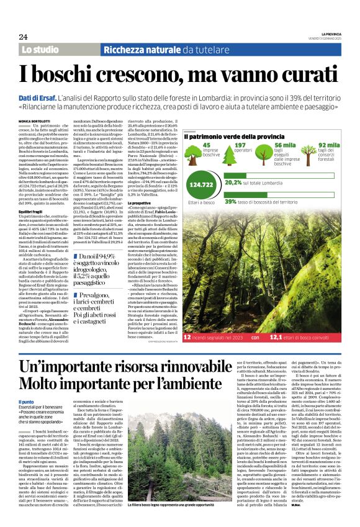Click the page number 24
(24, 37)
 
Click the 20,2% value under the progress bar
(233, 184)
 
